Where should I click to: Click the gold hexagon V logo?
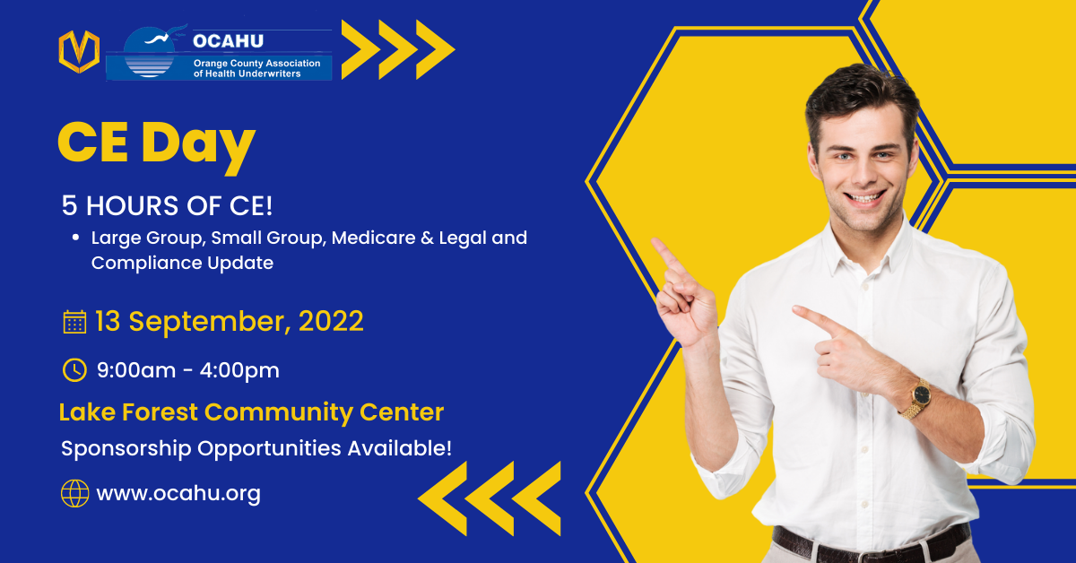78,52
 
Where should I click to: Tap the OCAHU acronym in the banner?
228,40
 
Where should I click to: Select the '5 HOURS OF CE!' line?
167,205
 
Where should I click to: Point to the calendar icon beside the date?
74,321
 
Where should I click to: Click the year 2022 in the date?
331,321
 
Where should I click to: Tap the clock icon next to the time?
74,369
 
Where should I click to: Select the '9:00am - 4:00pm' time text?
188,369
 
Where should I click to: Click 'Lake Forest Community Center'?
251,412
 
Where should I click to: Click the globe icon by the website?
74,493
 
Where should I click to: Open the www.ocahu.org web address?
178,493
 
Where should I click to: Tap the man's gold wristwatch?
918,396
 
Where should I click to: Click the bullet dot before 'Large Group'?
77,239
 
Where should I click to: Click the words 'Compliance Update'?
182,263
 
